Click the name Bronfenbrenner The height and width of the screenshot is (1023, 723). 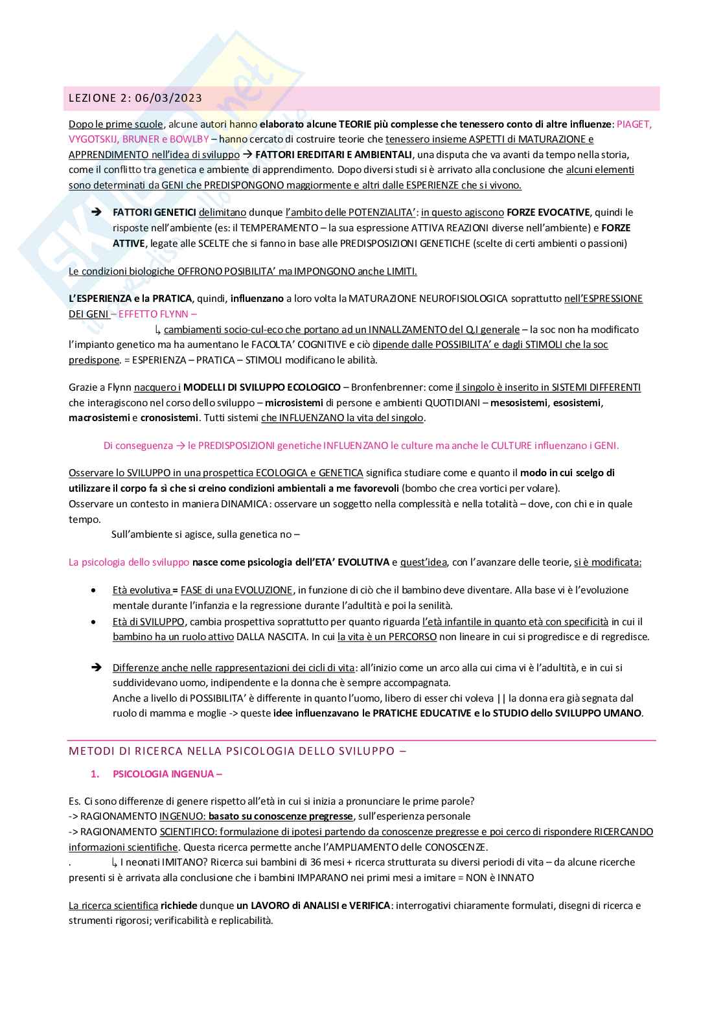pos(387,387)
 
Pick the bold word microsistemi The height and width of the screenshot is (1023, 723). pos(294,403)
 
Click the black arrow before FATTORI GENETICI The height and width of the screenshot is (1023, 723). pos(96,212)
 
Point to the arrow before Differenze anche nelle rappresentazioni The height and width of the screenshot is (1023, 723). pos(96,667)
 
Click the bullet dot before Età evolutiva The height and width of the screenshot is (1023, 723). pos(95,590)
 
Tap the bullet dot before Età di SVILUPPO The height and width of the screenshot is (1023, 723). pos(95,622)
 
